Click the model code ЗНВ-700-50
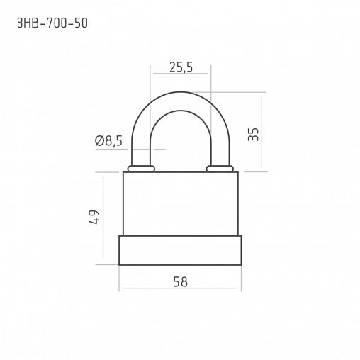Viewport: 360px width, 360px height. click(52, 23)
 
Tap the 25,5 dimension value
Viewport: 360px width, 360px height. click(181, 67)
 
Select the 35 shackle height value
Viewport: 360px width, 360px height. click(253, 135)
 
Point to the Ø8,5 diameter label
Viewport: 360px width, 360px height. click(108, 141)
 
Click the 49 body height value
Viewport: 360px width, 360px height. click(94, 217)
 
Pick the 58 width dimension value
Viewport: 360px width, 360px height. click(181, 282)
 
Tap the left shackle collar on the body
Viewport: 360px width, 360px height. click(141, 169)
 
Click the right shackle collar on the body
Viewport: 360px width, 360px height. click(220, 169)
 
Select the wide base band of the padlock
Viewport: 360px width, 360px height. click(180, 250)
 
